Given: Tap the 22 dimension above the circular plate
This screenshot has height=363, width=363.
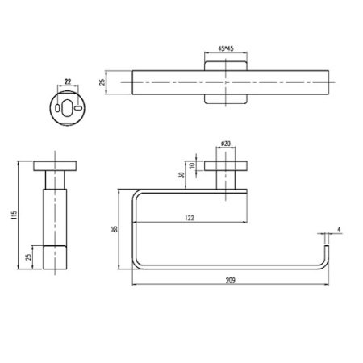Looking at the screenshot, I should click(x=67, y=81).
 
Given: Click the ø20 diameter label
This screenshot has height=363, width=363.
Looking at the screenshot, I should click(x=225, y=145).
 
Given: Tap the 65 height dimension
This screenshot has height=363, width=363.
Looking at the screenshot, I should click(x=115, y=228).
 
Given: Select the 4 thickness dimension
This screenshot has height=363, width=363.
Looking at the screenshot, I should click(x=340, y=230).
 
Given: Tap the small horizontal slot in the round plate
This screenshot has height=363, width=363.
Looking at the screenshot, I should click(x=77, y=106).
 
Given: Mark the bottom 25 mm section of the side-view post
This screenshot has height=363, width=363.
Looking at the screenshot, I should click(x=55, y=256).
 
